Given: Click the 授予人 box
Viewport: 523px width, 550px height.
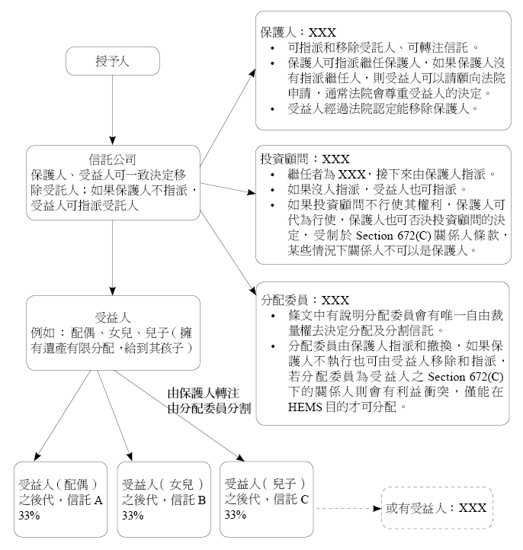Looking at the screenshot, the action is [113, 61].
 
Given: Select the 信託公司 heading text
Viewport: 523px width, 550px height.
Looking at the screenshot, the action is [112, 159].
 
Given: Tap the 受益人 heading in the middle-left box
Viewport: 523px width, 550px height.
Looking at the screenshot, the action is [113, 317].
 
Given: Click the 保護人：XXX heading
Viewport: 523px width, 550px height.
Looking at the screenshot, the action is [298, 32].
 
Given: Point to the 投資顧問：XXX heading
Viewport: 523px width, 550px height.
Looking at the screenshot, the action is [305, 159].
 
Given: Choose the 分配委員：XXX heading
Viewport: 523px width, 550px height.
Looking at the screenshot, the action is [305, 300].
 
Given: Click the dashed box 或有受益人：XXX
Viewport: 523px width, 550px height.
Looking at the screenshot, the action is [437, 507].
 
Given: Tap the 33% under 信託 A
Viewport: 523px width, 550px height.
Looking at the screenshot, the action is [29, 516].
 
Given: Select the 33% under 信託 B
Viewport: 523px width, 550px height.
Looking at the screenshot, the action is [133, 516].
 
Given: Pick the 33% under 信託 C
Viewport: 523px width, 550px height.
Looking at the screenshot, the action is [236, 515].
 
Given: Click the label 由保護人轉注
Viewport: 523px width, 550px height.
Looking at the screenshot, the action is [204, 393].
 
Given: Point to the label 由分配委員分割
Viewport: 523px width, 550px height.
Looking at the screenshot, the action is [209, 408].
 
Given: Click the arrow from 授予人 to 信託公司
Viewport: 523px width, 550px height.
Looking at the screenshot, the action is [113, 110].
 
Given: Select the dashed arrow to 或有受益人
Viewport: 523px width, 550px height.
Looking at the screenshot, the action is [348, 508].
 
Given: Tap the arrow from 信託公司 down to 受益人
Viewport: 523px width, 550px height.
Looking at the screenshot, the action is [113, 258].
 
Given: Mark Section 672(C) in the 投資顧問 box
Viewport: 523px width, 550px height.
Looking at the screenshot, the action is [393, 235].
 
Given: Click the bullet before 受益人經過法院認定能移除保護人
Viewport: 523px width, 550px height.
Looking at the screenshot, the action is [273, 109].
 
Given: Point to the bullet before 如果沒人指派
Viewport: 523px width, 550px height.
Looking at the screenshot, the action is [273, 190].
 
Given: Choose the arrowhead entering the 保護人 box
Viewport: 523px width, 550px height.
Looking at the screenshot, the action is [253, 73].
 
